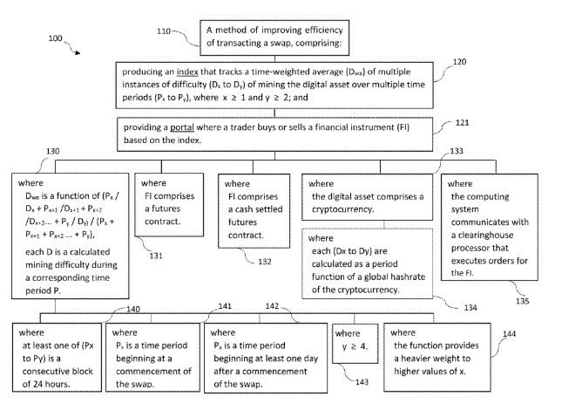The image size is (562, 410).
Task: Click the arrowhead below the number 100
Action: pos(78,55)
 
